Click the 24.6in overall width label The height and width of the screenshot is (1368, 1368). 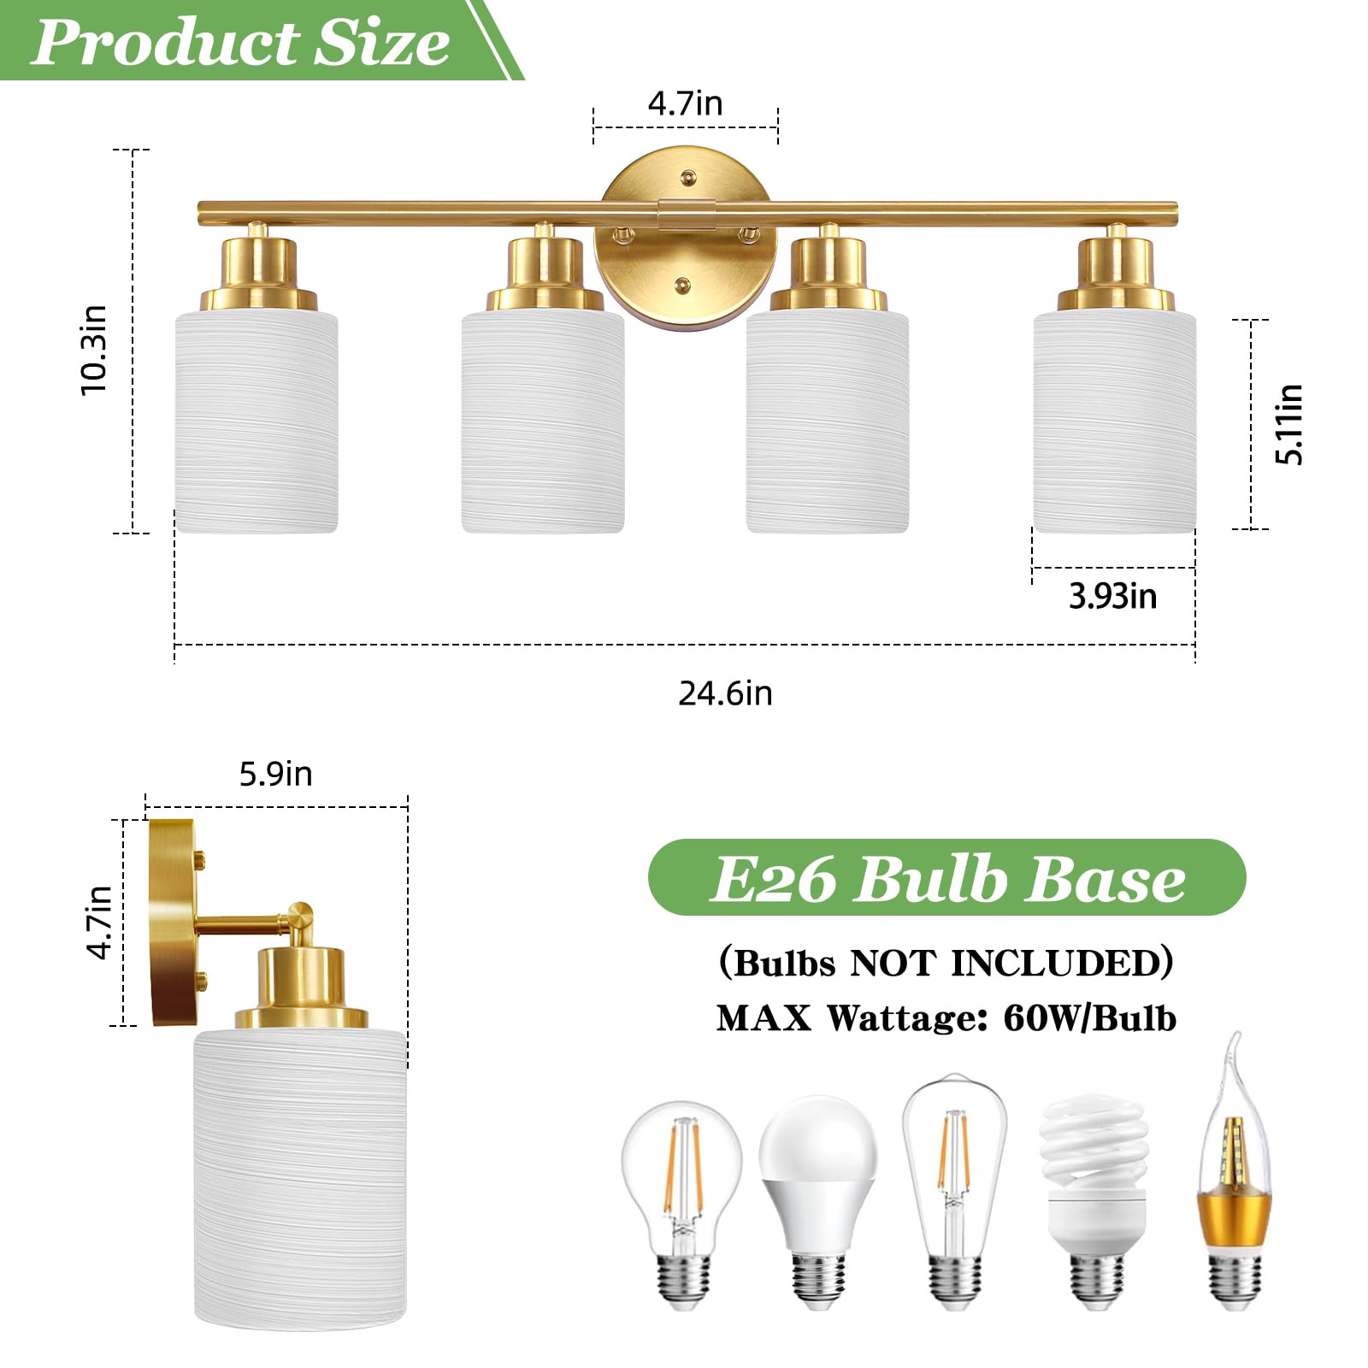725,693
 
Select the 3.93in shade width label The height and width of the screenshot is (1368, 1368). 1112,596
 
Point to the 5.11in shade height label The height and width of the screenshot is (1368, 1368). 1288,424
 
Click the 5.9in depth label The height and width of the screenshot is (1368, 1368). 275,774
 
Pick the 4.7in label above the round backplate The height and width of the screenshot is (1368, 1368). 685,103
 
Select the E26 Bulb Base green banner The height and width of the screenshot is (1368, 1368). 946,878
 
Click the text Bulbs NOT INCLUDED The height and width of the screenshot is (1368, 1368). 946,963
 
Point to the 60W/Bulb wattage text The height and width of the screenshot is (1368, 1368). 1089,1018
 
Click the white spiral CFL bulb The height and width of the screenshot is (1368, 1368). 1094,1197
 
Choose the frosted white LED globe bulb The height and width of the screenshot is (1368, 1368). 818,1197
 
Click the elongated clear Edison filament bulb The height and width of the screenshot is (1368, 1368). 954,1188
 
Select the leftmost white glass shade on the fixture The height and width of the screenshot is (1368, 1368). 256,423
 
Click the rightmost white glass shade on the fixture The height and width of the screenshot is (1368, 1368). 1114,423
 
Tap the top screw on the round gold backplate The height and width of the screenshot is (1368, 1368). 687,178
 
